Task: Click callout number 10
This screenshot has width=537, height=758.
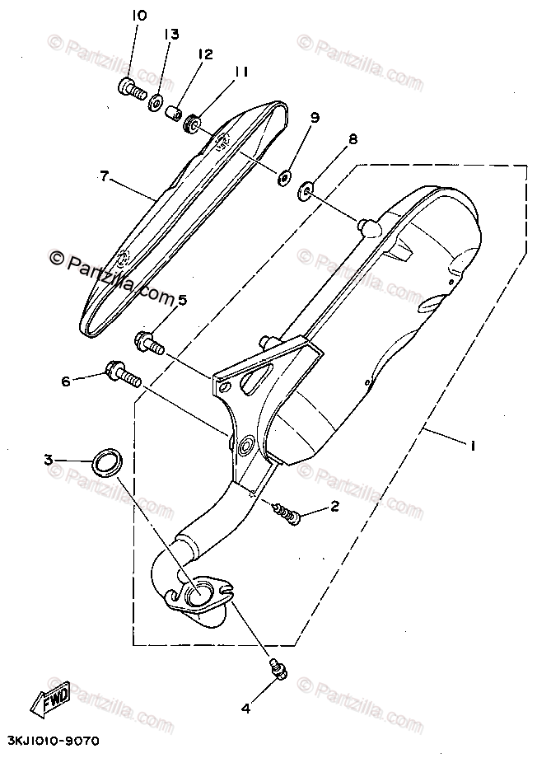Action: (138, 16)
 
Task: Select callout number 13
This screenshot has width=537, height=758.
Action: (170, 35)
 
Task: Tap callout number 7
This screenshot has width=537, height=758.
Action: (104, 175)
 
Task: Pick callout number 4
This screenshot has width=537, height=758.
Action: (246, 707)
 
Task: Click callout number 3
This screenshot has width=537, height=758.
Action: (49, 460)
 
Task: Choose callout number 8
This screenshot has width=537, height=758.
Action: (353, 140)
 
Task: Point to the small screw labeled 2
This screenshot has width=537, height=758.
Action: (287, 512)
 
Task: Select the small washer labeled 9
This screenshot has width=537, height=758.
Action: (285, 175)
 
